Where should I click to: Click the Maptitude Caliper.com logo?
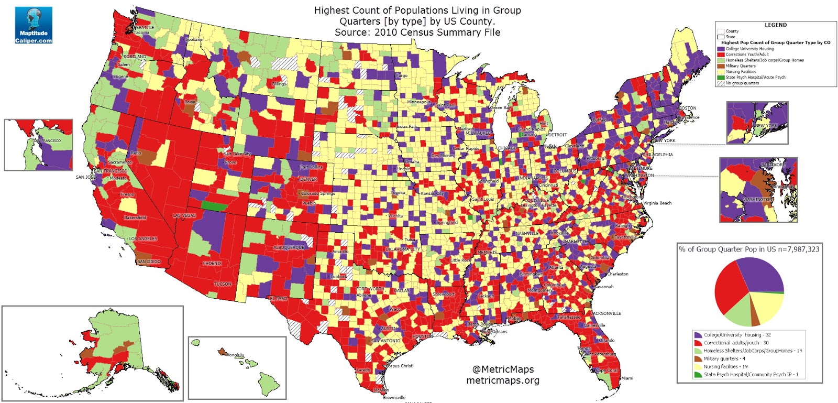click(x=34, y=25)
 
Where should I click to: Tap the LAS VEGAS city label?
click(x=184, y=215)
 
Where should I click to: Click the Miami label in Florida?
click(x=627, y=378)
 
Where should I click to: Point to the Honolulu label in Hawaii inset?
click(x=235, y=355)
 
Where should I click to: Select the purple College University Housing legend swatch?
click(x=721, y=49)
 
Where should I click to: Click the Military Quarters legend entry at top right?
click(x=740, y=66)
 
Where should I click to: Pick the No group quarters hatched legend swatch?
click(x=721, y=83)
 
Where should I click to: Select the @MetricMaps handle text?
click(x=503, y=369)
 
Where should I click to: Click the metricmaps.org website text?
click(x=503, y=380)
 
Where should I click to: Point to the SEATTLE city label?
click(x=145, y=27)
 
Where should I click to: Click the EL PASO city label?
click(x=278, y=298)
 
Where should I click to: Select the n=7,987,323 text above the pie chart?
click(x=798, y=249)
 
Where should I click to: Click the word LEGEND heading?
click(x=775, y=25)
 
